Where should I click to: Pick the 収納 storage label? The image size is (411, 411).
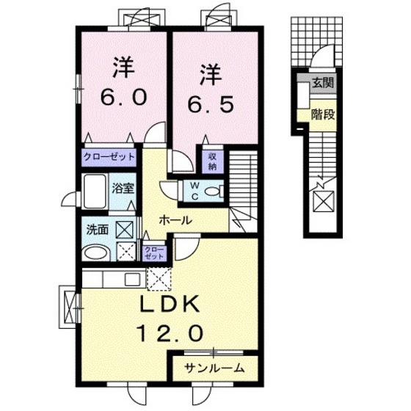(211, 161)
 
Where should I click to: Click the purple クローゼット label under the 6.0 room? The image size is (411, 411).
(109, 156)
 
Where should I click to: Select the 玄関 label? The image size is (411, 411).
(321, 82)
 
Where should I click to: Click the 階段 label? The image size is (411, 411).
(321, 114)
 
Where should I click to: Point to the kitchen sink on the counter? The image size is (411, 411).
(133, 279)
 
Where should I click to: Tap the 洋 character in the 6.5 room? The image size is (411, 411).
(211, 73)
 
